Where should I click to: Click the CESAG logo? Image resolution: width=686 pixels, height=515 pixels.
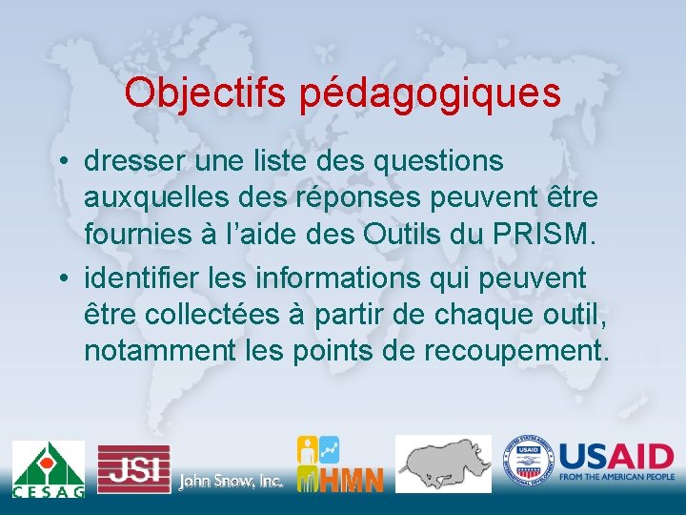point(48,468)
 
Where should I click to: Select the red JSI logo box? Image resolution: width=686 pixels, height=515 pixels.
point(133,468)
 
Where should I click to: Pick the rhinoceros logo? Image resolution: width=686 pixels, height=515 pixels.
point(443,463)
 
